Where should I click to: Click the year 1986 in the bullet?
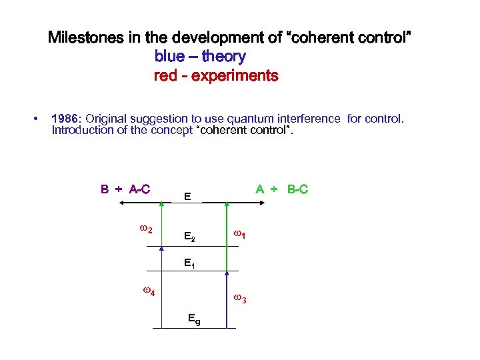click(65, 119)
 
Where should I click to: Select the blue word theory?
click(223, 57)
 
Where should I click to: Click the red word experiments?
click(234, 75)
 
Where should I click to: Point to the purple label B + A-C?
click(125, 189)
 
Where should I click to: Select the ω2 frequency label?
click(146, 229)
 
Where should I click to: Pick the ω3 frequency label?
click(241, 299)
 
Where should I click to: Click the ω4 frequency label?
click(150, 291)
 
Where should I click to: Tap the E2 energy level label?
click(189, 237)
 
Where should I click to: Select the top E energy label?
click(188, 197)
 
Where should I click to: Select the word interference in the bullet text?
click(312, 119)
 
